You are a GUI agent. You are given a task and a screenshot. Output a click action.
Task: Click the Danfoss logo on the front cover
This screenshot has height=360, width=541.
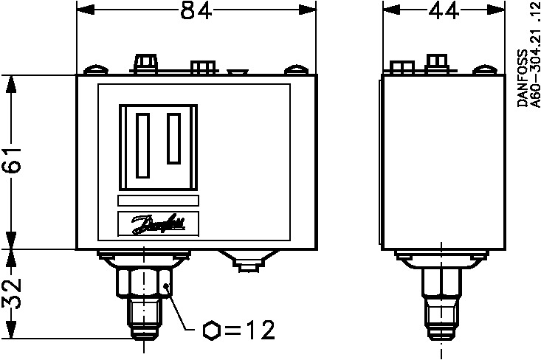(x=158, y=224)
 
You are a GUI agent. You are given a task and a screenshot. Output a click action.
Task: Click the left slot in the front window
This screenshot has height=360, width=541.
(x=144, y=144)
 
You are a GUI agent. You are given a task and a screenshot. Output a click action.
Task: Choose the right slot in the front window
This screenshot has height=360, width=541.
(x=174, y=138)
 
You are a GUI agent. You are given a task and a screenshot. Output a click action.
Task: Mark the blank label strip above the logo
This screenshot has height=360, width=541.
(x=158, y=201)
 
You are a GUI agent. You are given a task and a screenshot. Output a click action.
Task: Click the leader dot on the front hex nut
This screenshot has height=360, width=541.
(x=168, y=286)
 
